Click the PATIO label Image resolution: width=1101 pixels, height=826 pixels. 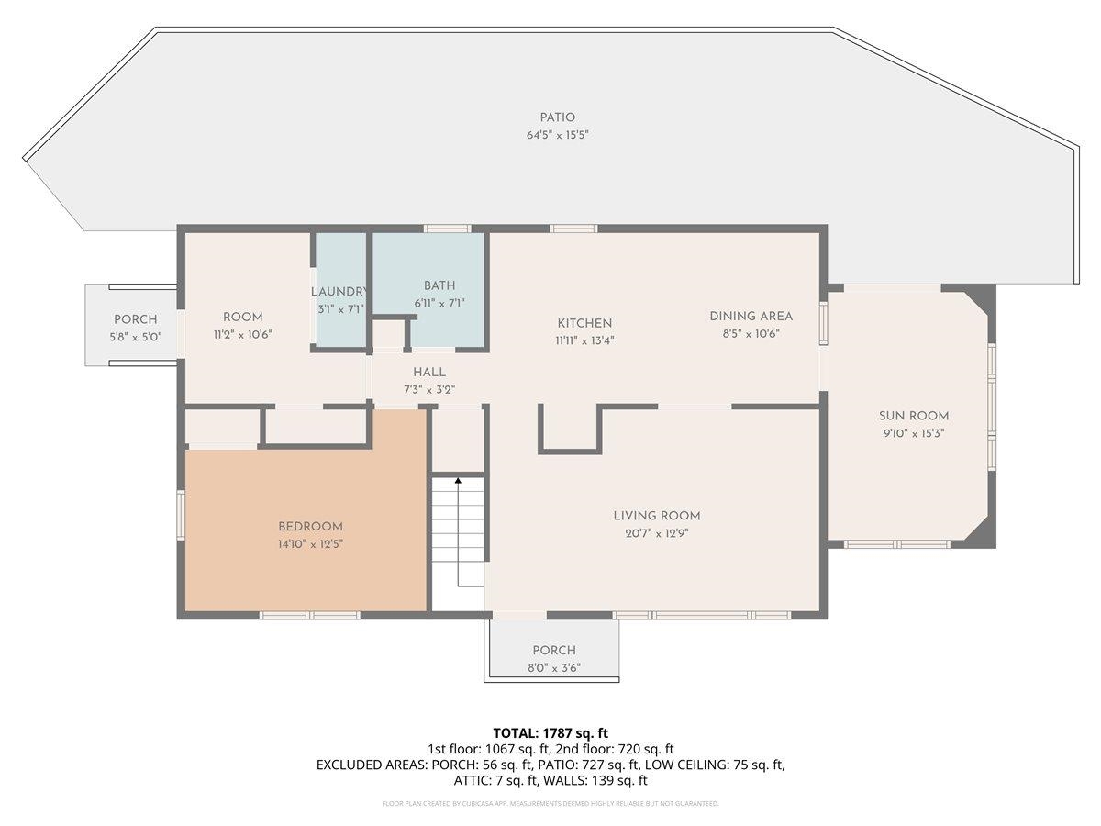(557, 117)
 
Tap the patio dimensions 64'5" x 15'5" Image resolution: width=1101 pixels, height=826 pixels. (557, 135)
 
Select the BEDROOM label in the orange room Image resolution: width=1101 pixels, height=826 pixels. (310, 527)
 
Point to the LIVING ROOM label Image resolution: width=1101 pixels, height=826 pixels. (656, 516)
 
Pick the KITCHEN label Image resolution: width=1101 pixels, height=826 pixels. (584, 323)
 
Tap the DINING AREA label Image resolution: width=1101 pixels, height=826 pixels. (751, 317)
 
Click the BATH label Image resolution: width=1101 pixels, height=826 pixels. (439, 285)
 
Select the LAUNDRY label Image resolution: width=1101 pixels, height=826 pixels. (340, 292)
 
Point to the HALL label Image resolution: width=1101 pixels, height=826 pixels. (429, 372)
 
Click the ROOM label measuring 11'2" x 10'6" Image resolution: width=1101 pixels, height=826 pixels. (242, 318)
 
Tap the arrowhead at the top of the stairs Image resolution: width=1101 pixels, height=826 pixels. (458, 480)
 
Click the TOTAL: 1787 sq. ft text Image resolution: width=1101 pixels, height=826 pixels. (550, 733)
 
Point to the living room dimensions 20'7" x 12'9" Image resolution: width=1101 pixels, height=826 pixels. (656, 533)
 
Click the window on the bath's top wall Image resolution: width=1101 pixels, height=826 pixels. (447, 229)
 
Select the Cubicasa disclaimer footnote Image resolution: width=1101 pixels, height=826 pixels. (550, 804)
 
